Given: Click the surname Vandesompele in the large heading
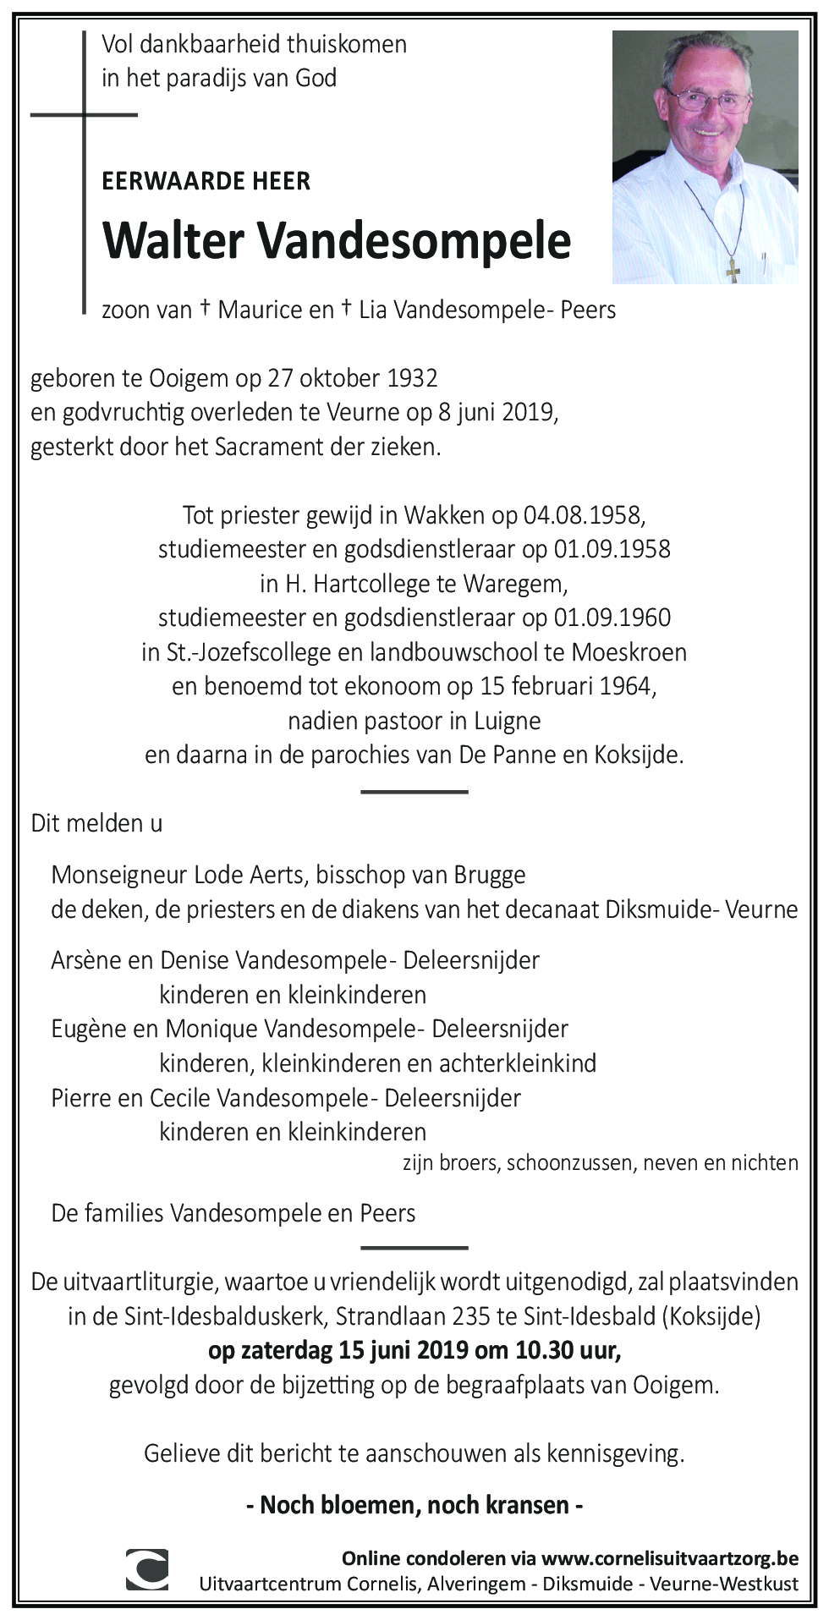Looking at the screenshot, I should point(414,241).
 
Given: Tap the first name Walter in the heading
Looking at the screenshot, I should point(173,241).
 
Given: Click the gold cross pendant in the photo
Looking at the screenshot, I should point(733,270).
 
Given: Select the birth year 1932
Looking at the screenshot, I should point(412,378).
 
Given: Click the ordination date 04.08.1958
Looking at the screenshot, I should point(585,514).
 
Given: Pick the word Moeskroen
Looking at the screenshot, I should point(629,652).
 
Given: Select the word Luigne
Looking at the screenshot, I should point(508,721).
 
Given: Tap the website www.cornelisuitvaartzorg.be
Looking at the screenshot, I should point(669,1558).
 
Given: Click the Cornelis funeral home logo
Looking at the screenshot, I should point(146,1569).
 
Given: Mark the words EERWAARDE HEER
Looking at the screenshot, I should point(206,181).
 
